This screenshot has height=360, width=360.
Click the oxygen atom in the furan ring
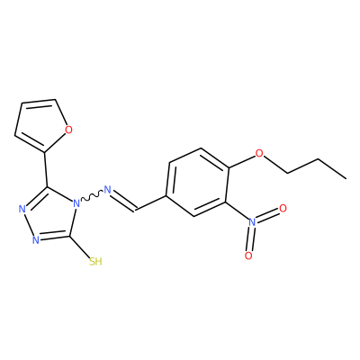[x=68, y=130]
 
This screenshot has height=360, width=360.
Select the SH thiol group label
[x=95, y=262]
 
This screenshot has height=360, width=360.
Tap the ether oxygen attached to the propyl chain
[x=259, y=154]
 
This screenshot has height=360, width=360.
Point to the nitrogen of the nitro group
[x=252, y=222]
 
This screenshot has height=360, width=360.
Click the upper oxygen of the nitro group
[x=283, y=208]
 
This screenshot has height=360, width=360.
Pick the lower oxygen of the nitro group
[x=248, y=256]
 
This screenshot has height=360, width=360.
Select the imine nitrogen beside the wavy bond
[x=107, y=190]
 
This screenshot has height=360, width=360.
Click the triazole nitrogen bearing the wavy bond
[x=76, y=204]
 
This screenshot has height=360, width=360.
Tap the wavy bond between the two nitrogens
[x=92, y=197]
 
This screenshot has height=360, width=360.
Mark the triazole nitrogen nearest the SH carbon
[x=36, y=240]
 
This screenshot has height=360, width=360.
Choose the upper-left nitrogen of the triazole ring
[x=22, y=209]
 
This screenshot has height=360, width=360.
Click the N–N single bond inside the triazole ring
[x=29, y=225]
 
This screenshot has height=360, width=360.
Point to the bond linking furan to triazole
[x=47, y=169]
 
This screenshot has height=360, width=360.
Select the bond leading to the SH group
[x=80, y=247]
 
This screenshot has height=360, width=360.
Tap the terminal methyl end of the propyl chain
[x=346, y=179]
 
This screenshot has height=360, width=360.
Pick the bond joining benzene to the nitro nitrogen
[x=237, y=211]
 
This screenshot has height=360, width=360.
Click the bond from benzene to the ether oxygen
[x=242, y=161]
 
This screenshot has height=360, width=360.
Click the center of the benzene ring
[x=196, y=183]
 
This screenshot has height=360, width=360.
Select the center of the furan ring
[x=40, y=124]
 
